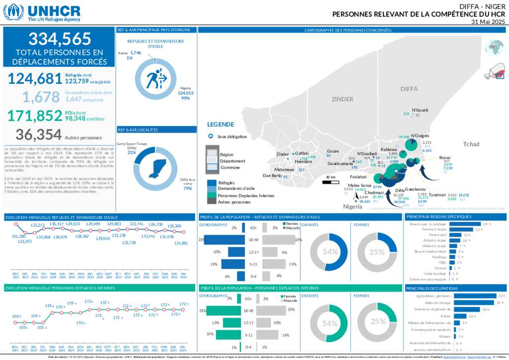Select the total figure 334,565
[x=60, y=39]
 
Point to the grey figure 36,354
[x=39, y=134]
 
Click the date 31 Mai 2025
[x=488, y=22]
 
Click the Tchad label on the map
[x=471, y=144]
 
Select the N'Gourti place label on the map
[x=420, y=109]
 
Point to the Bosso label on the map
[x=445, y=158]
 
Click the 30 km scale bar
[x=330, y=182]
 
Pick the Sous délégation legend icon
[x=210, y=136]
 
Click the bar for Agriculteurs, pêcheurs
[x=472, y=295]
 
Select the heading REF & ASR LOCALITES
[x=137, y=129]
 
